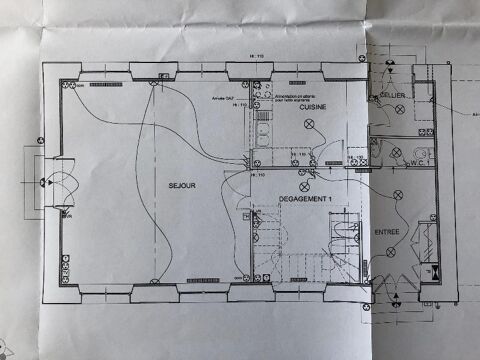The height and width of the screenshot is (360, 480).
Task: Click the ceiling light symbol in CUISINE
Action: click(308, 123)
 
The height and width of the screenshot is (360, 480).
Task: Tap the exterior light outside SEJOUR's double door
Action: click(46, 183)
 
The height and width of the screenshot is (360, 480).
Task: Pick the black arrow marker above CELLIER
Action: click(387, 68)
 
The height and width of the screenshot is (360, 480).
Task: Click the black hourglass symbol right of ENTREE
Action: click(437, 270)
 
